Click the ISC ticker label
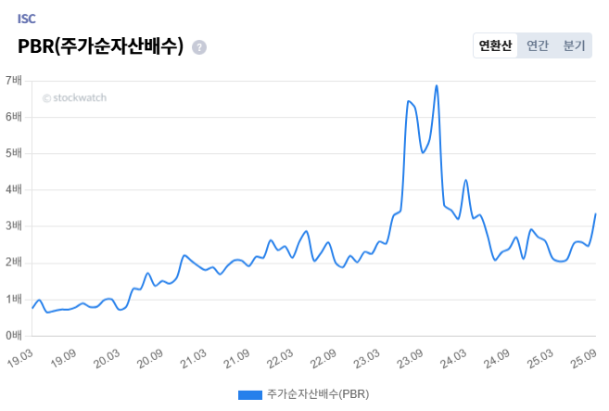[26, 19]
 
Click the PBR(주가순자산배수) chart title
[100, 46]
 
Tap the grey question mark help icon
[199, 47]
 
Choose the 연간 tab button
[538, 45]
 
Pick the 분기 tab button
[574, 45]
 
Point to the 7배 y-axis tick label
[14, 81]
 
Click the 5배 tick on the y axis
[14, 153]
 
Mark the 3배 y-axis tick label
[14, 226]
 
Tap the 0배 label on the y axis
[14, 335]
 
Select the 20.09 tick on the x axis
[150, 356]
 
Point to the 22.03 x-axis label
[281, 356]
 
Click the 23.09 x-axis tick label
[411, 356]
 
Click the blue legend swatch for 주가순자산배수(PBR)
[249, 394]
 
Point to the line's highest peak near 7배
[436, 85]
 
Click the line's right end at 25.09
[595, 214]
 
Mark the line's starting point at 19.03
[32, 307]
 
